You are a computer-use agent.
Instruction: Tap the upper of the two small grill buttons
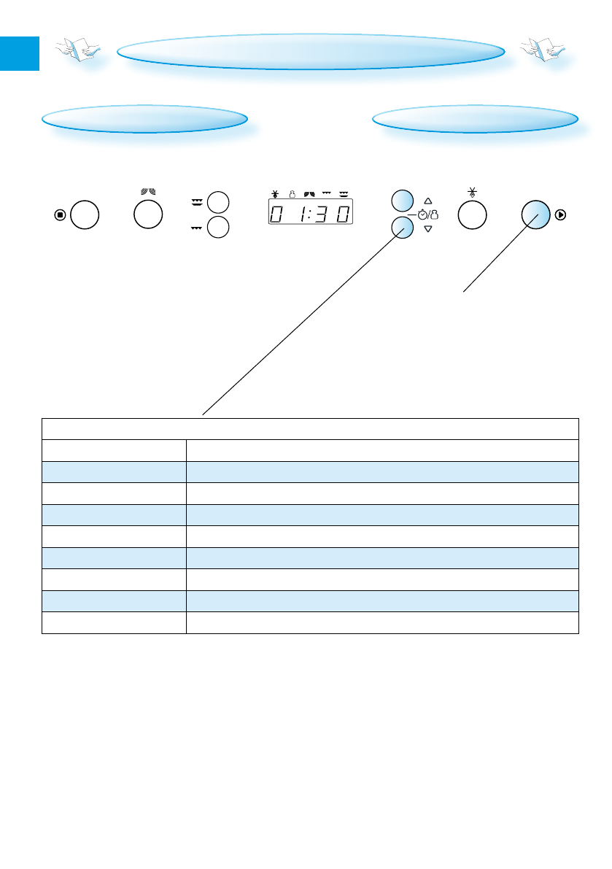(218, 202)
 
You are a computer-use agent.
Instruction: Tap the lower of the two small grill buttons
(218, 227)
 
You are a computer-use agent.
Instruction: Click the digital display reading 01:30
(310, 215)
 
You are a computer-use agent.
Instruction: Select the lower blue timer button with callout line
(401, 228)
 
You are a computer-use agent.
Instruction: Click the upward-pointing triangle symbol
(428, 200)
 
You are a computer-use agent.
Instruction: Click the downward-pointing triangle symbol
(428, 229)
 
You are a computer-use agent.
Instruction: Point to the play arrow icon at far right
(560, 215)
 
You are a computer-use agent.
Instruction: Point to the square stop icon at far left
(61, 215)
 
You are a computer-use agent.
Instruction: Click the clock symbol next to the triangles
(422, 215)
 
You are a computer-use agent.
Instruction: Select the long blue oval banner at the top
(311, 52)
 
